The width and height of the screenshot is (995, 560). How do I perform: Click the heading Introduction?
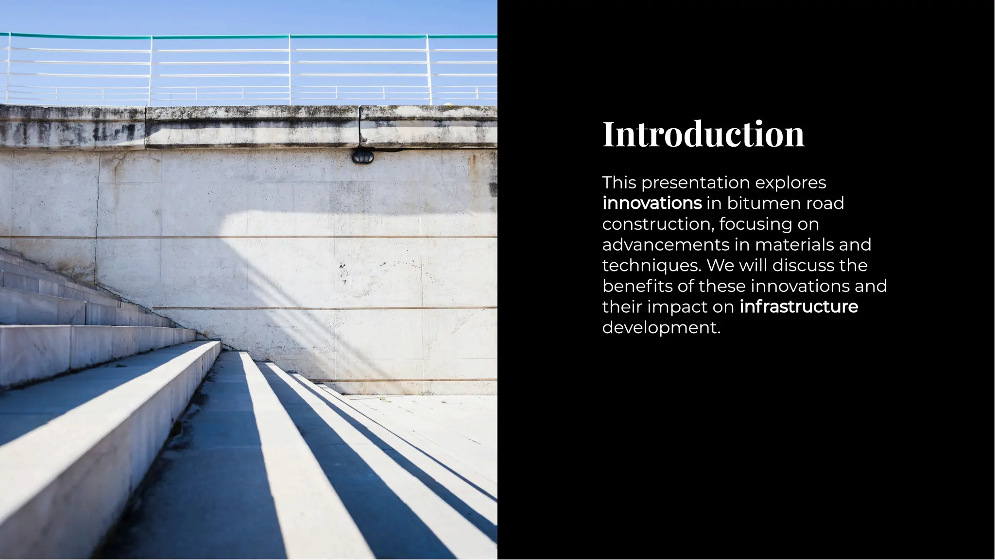[703, 134]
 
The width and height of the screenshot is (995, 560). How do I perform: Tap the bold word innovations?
[652, 203]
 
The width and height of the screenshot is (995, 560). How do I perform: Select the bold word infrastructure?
[799, 307]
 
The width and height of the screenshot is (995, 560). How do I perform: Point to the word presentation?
[696, 183]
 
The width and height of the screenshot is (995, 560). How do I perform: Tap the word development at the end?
[661, 328]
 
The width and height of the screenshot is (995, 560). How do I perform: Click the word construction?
[658, 224]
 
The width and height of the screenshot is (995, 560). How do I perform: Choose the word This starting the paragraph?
[619, 183]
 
